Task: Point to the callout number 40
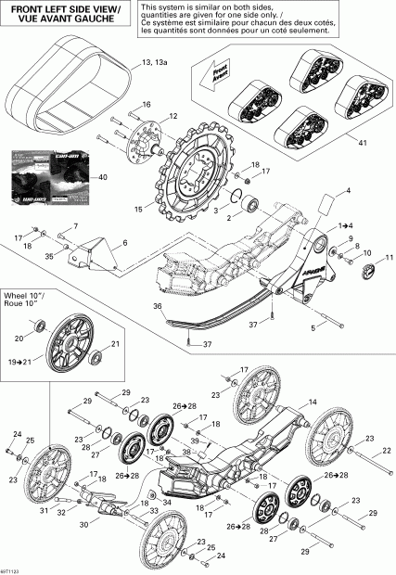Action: click(102, 177)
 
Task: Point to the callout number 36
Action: click(159, 307)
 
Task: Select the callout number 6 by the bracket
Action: click(124, 242)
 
